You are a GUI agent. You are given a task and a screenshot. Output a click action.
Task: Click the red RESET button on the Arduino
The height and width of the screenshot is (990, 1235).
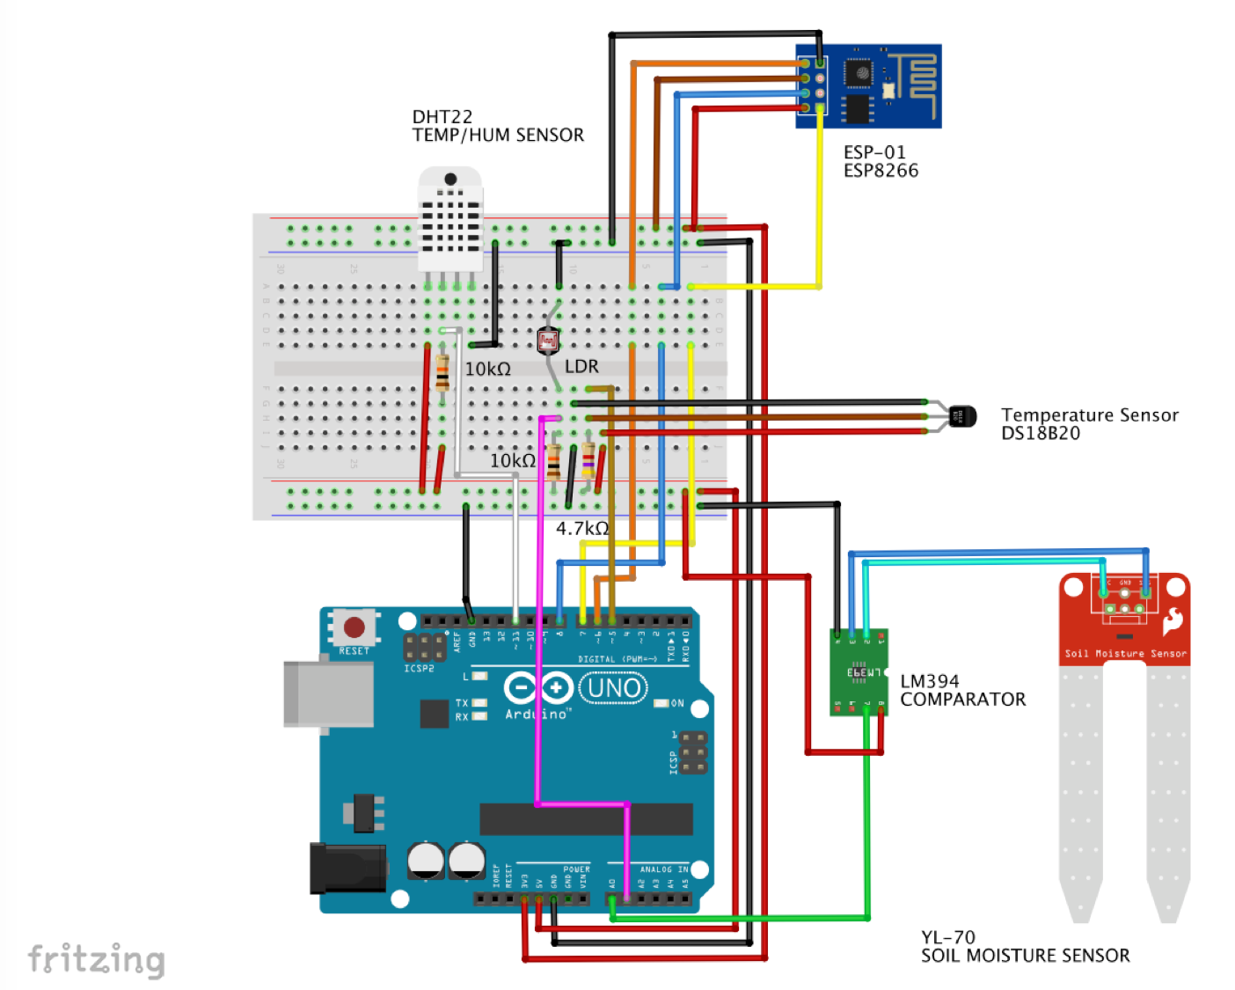click(x=354, y=627)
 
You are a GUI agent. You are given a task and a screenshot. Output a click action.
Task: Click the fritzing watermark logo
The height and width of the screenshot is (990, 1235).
click(x=96, y=959)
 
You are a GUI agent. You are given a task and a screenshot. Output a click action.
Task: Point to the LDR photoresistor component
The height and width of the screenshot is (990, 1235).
click(x=548, y=340)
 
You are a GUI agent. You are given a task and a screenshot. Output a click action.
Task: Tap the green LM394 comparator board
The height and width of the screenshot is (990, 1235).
click(x=859, y=672)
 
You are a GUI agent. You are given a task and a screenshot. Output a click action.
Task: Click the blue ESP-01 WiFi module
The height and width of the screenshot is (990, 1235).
click(x=868, y=86)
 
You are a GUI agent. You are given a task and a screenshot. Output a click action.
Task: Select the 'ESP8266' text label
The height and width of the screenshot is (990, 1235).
click(x=881, y=171)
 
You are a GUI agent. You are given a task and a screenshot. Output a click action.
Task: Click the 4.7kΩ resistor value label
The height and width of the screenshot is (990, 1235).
click(x=581, y=529)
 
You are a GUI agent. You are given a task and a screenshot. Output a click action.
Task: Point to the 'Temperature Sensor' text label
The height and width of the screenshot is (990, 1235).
click(x=1089, y=414)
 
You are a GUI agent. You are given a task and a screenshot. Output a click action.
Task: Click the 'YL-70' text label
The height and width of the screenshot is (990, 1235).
click(x=947, y=937)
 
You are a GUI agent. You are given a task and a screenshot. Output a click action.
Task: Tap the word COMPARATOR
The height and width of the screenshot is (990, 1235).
click(x=962, y=700)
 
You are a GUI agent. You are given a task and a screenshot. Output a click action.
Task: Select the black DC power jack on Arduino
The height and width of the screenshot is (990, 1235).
click(x=348, y=868)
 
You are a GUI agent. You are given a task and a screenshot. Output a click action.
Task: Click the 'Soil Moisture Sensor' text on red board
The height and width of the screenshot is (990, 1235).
click(x=1125, y=654)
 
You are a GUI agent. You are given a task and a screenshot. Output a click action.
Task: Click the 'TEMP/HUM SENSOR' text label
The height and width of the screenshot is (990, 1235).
click(x=498, y=136)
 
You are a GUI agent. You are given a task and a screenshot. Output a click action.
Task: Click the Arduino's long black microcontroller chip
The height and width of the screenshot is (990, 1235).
click(x=585, y=820)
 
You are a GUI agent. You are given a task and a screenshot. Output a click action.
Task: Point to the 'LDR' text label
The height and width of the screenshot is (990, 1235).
click(x=581, y=366)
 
